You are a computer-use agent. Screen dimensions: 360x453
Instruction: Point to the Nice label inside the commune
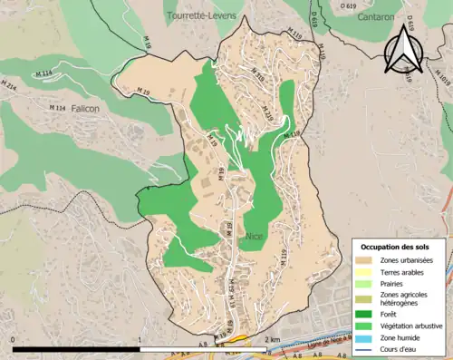(x=254, y=236)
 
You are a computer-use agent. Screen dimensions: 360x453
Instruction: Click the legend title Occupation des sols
(x=400, y=247)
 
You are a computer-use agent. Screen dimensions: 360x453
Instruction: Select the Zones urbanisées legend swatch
(x=366, y=261)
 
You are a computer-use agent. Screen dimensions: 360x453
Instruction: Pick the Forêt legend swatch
(x=366, y=316)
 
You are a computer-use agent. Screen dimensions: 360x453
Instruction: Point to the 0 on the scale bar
(x=14, y=339)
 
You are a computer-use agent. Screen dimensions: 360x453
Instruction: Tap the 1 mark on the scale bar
(x=140, y=339)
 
